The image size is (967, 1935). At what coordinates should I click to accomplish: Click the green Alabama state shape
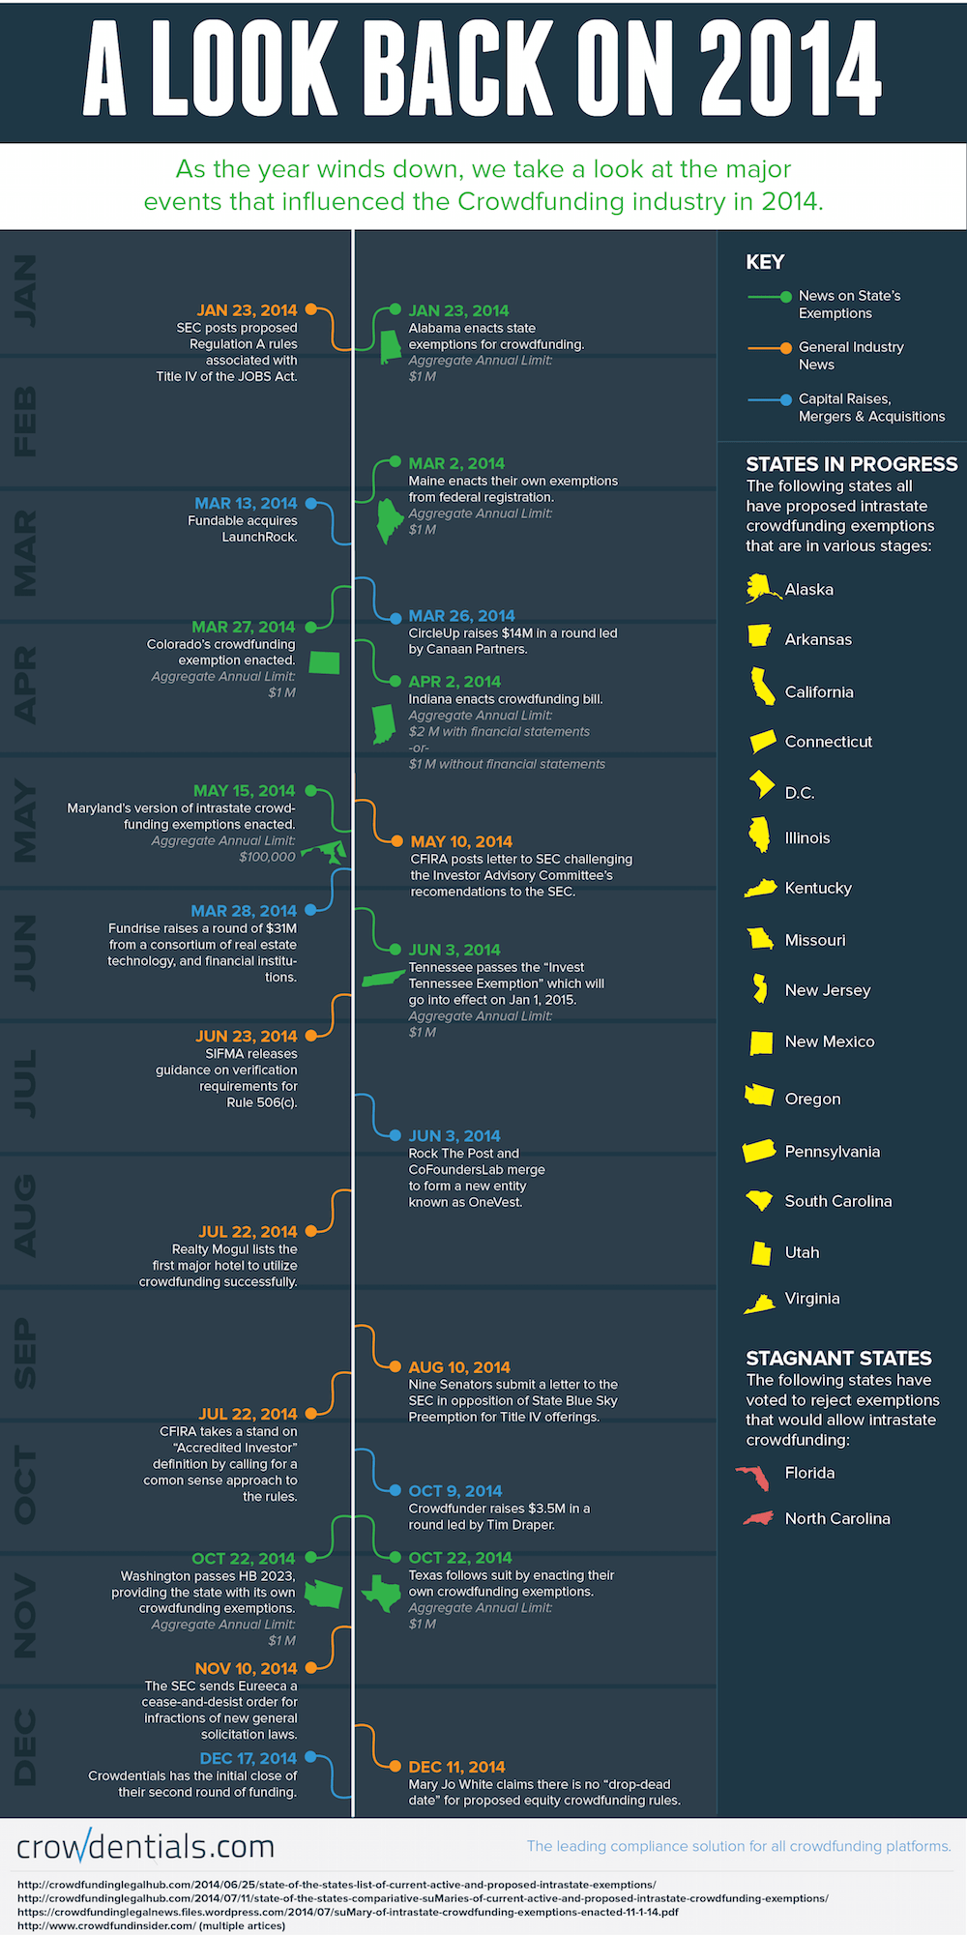click(x=390, y=347)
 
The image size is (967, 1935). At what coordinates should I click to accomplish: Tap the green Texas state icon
click(x=383, y=1592)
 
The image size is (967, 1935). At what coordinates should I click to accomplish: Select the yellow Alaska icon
click(x=761, y=588)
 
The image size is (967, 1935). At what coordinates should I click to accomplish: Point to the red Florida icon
click(x=753, y=1476)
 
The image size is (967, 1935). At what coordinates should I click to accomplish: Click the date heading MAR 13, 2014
click(x=246, y=504)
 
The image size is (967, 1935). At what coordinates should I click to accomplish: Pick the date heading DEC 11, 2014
click(x=456, y=1767)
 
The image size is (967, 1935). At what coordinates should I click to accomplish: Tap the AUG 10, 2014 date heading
click(x=458, y=1367)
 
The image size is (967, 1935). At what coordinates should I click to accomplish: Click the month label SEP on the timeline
click(x=25, y=1354)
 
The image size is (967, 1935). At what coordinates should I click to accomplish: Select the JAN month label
click(x=25, y=290)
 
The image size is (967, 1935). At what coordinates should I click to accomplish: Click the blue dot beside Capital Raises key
click(x=786, y=399)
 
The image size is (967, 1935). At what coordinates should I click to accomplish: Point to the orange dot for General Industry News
click(x=786, y=347)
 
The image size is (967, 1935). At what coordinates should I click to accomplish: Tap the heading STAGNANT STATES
click(x=838, y=1359)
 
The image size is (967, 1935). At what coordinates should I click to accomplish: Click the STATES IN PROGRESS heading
click(x=851, y=464)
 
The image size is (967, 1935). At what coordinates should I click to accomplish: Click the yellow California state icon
click(x=763, y=687)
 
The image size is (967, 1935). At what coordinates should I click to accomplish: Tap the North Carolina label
click(x=837, y=1519)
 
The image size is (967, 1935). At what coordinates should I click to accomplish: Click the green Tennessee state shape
click(x=383, y=979)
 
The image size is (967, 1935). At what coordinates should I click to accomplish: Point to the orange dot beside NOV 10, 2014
click(x=311, y=1668)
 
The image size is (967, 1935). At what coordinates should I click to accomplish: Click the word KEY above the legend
click(x=765, y=262)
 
